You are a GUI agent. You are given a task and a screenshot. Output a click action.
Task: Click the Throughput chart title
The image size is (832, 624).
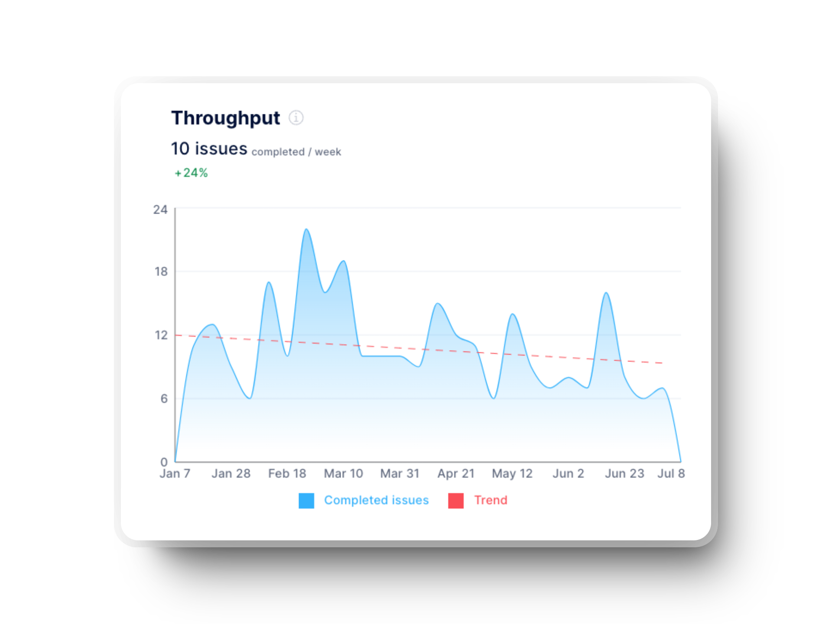tap(225, 118)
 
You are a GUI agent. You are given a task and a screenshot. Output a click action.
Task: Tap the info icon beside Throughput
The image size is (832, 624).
tap(296, 117)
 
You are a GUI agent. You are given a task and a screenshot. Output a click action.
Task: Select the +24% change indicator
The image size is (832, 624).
tap(191, 173)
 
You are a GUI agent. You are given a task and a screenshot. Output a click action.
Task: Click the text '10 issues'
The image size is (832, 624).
tap(209, 149)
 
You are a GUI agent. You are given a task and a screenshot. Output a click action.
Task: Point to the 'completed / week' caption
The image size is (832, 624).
tap(296, 152)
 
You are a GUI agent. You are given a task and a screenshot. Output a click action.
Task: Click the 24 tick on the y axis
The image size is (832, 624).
tap(160, 210)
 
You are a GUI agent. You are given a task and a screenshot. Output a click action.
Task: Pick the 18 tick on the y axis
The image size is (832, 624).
tap(161, 272)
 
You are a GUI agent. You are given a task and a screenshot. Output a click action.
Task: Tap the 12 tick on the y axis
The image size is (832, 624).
tap(161, 335)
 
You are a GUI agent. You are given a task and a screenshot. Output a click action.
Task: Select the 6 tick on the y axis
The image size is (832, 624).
tap(164, 399)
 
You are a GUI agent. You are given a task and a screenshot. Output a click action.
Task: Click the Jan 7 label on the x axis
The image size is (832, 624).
tap(175, 474)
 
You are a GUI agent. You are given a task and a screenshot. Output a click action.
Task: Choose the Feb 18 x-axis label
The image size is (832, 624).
tap(287, 474)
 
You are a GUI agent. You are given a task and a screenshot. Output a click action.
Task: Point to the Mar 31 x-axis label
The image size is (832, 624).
tap(400, 474)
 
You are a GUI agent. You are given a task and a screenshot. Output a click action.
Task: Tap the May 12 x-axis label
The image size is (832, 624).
tap(512, 474)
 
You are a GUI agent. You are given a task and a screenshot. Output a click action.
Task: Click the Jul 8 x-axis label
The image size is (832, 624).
tap(671, 474)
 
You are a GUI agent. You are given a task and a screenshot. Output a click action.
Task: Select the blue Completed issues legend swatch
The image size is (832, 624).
tap(306, 500)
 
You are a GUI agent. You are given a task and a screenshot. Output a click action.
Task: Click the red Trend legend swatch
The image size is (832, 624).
tap(456, 500)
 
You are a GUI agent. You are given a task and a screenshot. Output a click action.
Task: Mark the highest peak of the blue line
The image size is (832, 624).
tap(306, 229)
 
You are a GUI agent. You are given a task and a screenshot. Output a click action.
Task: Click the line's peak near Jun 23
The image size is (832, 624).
tap(606, 293)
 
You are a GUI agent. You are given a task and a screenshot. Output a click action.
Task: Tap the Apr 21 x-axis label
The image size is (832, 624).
tap(456, 474)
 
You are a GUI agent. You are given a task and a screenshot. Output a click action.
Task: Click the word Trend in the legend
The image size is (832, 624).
tap(491, 500)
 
